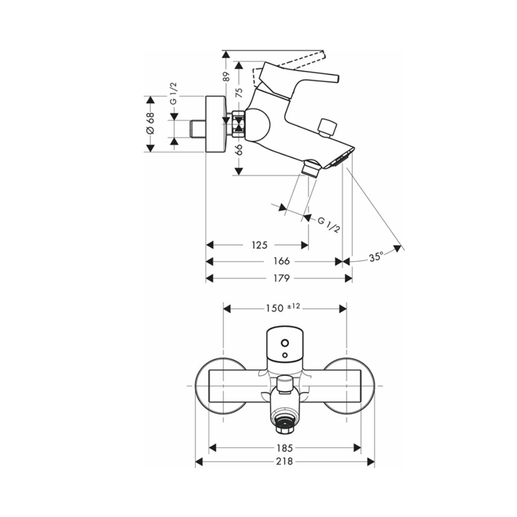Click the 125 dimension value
[x=259, y=245]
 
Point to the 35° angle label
[x=376, y=256]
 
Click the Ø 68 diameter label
[x=150, y=124]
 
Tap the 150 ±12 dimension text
[x=283, y=308]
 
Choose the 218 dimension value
[x=285, y=461]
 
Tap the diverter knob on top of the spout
[x=327, y=127]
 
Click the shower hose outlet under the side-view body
[x=310, y=168]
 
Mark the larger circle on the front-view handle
[x=284, y=342]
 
